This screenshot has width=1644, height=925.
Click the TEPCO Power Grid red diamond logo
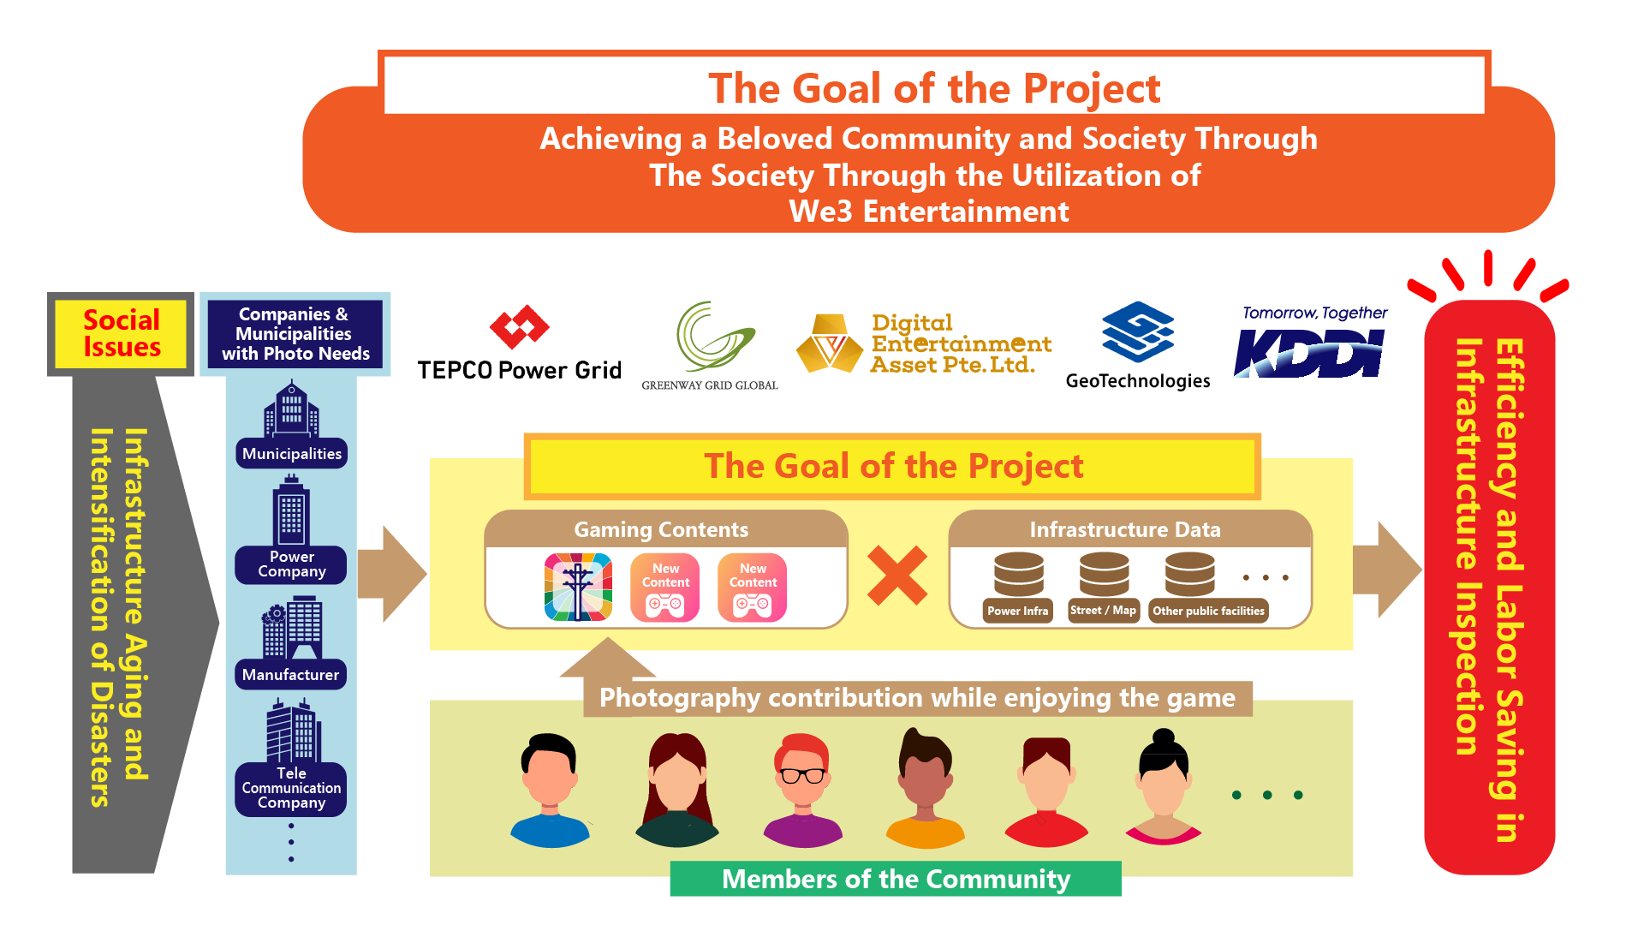point(519,326)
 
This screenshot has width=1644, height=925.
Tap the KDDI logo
point(1308,353)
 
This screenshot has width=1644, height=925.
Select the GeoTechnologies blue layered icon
point(1137,331)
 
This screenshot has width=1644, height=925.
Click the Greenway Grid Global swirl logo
point(714,337)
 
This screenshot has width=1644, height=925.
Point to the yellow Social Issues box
point(121,334)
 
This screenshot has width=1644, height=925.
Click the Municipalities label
point(291,454)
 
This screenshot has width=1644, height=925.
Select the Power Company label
point(291,564)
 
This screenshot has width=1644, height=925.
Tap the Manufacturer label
point(290,675)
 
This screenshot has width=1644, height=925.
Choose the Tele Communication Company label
point(291,789)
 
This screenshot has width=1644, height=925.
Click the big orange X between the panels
point(897,576)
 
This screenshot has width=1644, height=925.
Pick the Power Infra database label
point(1017,611)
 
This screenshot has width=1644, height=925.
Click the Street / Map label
point(1103,611)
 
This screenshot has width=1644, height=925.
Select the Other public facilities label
point(1208,611)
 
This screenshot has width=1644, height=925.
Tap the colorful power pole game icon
point(578,587)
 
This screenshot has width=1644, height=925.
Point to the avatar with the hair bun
point(1164,787)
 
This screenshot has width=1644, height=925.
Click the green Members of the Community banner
point(896,879)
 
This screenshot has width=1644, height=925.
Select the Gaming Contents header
point(661,529)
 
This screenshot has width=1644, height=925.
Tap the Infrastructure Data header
point(1125,529)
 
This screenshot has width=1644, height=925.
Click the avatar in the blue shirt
point(550,791)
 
